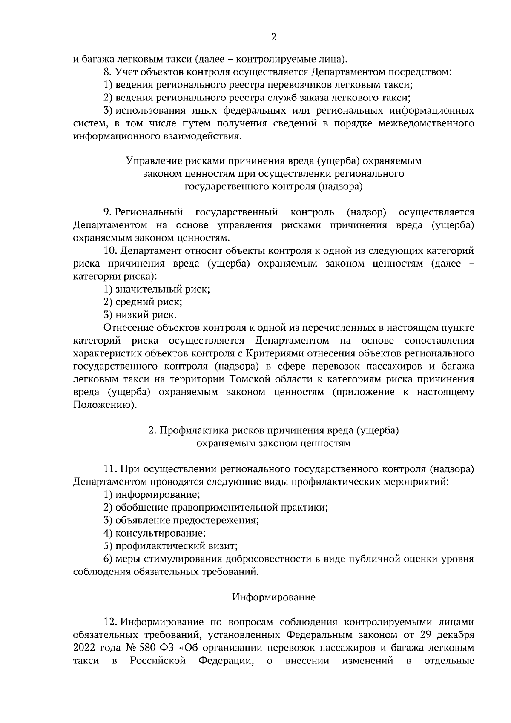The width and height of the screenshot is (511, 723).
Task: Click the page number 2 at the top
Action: [x=273, y=37]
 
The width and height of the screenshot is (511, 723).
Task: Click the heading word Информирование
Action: [x=273, y=597]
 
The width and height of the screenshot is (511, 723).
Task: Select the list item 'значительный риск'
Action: [x=162, y=290]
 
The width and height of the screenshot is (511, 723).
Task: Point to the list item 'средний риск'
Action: [x=149, y=302]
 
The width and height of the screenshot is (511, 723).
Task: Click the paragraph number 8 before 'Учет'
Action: [x=107, y=72]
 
